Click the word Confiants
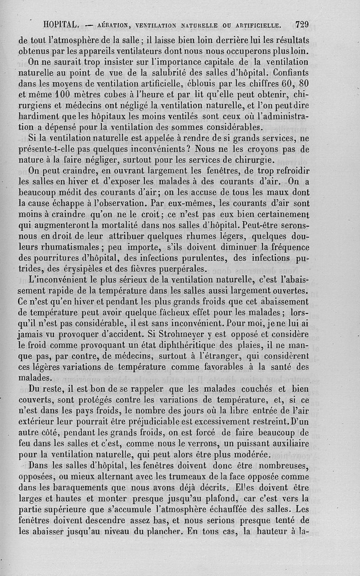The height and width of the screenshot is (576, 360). pos(290,72)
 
